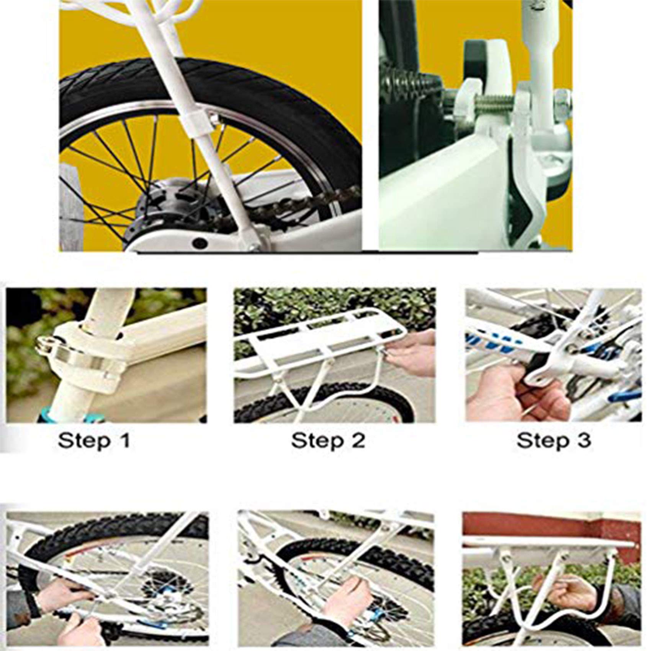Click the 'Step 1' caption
pyautogui.click(x=94, y=441)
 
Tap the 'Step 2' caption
pyautogui.click(x=328, y=441)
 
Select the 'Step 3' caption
pyautogui.click(x=554, y=441)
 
